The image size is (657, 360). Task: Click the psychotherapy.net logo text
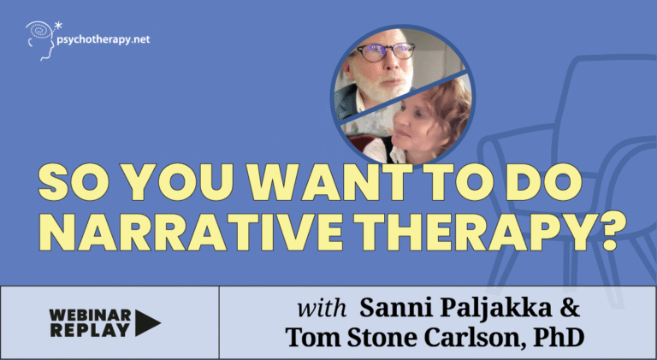pos(103,40)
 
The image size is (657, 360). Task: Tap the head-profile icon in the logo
pos(41,41)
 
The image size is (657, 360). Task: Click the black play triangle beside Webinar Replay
pos(147,323)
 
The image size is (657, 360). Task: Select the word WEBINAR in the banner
pos(90,316)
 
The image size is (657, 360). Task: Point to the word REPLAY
pos(90,330)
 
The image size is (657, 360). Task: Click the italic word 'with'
pos(322,308)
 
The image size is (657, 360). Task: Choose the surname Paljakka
pos(494,308)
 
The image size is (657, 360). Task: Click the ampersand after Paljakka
pos(570,308)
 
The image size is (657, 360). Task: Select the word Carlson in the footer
pos(474,338)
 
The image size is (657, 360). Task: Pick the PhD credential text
pos(559,338)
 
